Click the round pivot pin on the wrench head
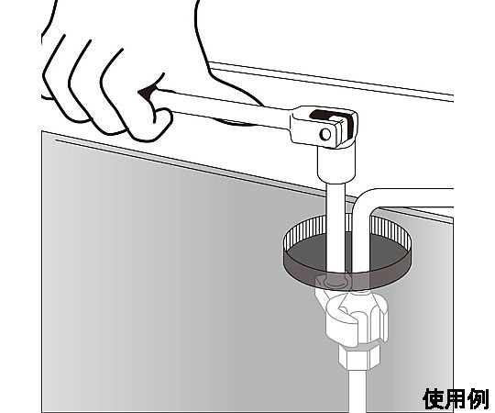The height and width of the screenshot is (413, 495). pos(325,134)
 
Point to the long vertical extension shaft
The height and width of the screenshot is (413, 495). pos(335,228)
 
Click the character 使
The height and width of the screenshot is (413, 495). pos(434,399)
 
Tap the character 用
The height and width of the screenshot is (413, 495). pos(456,399)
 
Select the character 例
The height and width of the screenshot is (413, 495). pos(478,399)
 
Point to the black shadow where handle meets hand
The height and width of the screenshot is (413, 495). pos(147,92)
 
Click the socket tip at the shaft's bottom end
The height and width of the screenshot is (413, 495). pos(335,280)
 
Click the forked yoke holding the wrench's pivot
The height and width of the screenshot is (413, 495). pos(324,127)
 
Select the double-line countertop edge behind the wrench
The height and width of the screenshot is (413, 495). pos(332,82)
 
